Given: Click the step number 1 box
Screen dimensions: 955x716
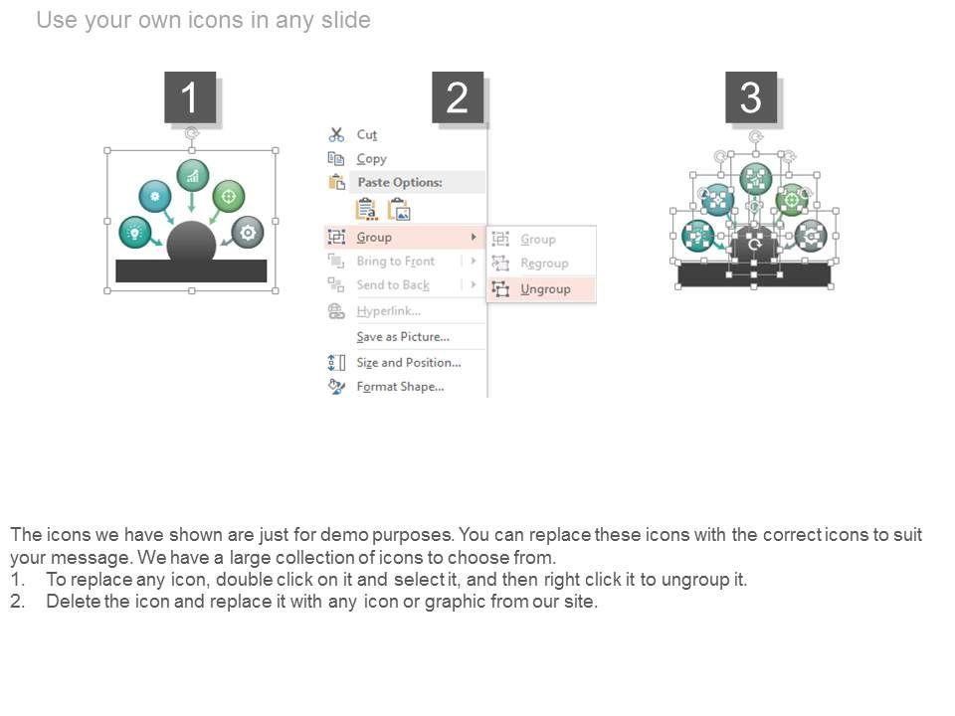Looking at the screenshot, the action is click(x=190, y=96).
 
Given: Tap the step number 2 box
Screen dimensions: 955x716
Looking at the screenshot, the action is click(x=458, y=96).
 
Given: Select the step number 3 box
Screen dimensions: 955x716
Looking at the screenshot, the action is click(x=751, y=96).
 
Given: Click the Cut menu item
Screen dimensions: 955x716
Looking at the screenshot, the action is click(x=367, y=134).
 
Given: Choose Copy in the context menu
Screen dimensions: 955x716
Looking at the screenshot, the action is click(x=371, y=159).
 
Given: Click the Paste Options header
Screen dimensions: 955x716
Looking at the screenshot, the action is click(x=400, y=182).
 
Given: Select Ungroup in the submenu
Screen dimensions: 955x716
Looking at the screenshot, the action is click(x=545, y=289).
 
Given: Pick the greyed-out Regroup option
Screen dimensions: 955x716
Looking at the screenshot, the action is click(x=544, y=263).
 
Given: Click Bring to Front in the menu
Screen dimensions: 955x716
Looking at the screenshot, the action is click(x=396, y=262).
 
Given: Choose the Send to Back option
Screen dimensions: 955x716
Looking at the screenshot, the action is click(x=393, y=285).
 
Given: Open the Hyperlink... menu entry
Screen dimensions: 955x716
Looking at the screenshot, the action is click(x=389, y=311).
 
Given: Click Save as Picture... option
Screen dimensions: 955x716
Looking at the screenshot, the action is click(x=403, y=337).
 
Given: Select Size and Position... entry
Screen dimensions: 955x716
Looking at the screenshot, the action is click(x=409, y=362).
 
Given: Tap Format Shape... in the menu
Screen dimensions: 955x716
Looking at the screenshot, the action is click(x=400, y=387).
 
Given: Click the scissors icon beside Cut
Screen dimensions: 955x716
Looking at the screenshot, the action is click(x=336, y=134).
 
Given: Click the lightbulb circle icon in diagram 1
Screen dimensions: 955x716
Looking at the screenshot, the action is click(x=135, y=233).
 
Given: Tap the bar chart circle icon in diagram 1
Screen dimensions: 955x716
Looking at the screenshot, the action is click(x=192, y=176).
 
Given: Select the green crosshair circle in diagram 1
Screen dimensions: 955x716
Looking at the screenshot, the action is click(x=229, y=196).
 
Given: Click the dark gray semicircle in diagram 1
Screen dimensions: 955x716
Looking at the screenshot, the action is click(x=191, y=242).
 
